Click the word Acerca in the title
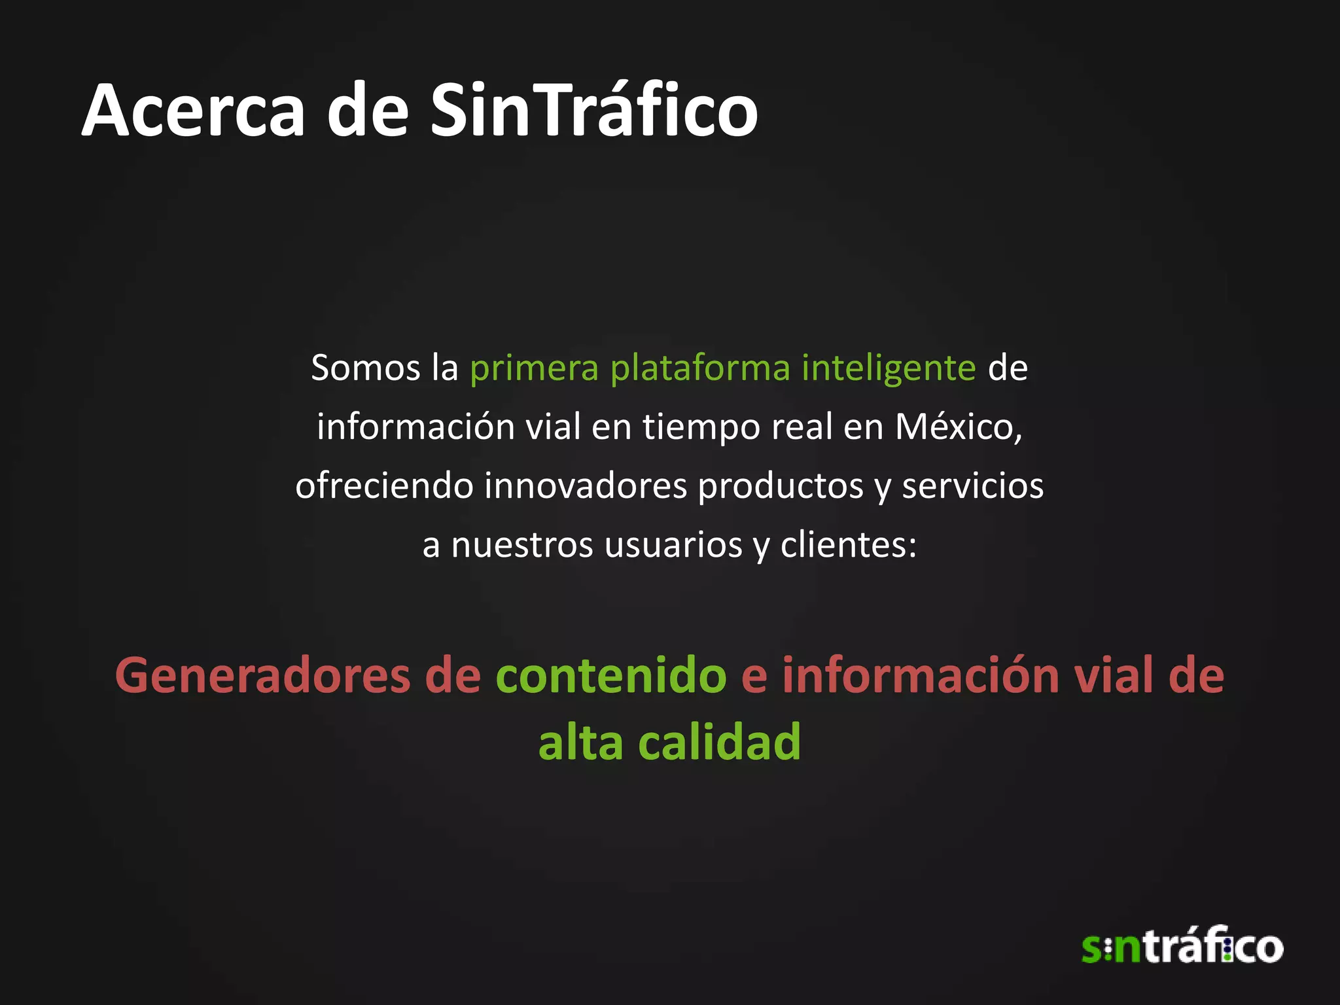(x=194, y=111)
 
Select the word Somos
(x=365, y=368)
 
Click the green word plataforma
(x=700, y=368)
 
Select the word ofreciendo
(x=384, y=486)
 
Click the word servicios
(x=972, y=486)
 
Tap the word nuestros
(x=522, y=545)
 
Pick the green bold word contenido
(x=611, y=675)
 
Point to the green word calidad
(x=719, y=742)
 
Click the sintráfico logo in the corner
(x=1182, y=946)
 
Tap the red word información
(x=920, y=675)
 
